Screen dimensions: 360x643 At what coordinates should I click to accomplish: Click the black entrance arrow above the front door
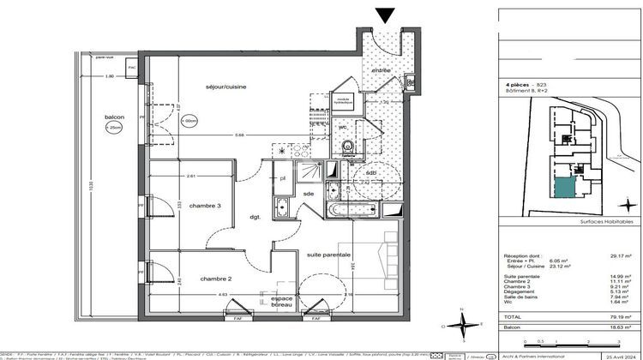click(386, 14)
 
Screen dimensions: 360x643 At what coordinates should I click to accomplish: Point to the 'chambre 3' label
click(206, 207)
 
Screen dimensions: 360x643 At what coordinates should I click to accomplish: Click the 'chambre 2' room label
click(217, 279)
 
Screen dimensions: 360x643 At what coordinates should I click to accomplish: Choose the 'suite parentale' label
click(323, 255)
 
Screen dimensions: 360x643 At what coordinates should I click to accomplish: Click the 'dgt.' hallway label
click(255, 217)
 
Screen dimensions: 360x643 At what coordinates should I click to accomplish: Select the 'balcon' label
click(116, 117)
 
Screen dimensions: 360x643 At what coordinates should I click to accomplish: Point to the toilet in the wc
click(346, 147)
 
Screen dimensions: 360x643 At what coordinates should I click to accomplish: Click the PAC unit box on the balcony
click(132, 67)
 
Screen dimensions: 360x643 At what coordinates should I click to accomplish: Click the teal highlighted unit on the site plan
click(564, 189)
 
